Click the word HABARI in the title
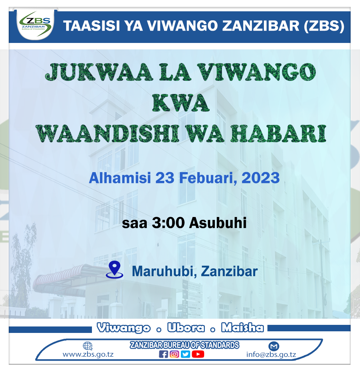tap(279, 134)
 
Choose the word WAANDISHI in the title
tap(107, 134)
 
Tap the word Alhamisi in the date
tap(120, 178)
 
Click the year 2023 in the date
tap(260, 178)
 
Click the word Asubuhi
tap(218, 223)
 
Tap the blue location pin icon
tap(115, 270)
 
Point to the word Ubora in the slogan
tap(186, 328)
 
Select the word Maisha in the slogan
tap(243, 327)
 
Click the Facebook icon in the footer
tap(164, 354)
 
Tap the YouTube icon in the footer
tap(198, 354)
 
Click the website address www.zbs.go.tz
tap(88, 355)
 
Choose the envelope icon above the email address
tap(274, 346)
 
